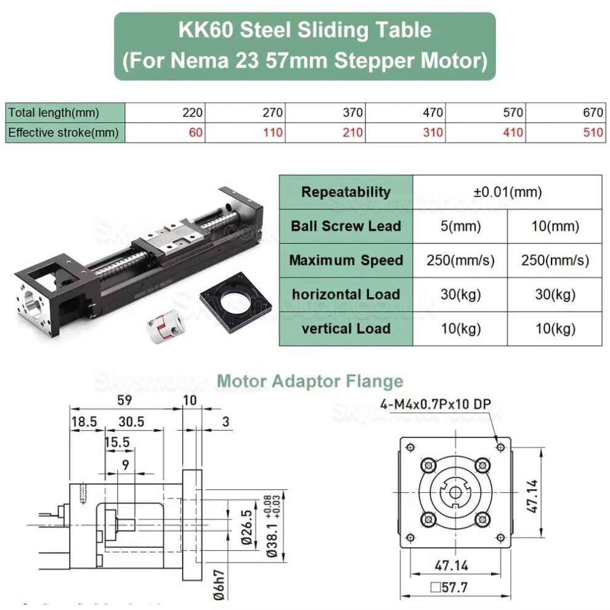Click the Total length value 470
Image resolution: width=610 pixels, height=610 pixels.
(433, 113)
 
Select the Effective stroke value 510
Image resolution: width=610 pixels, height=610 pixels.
(593, 132)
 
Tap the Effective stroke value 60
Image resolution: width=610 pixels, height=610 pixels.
(196, 132)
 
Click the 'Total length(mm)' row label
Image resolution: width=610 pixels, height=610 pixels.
(54, 113)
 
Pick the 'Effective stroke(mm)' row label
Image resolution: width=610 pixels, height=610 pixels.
(63, 132)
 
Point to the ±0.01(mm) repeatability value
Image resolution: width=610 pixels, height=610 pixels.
(508, 192)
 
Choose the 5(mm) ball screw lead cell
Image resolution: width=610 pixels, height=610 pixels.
(460, 226)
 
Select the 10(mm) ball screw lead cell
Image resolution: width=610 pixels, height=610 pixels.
(555, 226)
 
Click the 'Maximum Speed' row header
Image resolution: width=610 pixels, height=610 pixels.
(346, 260)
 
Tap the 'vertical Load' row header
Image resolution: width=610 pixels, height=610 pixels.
(346, 328)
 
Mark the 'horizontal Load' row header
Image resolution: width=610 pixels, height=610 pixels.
(346, 294)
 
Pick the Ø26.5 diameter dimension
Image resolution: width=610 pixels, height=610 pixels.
(245, 527)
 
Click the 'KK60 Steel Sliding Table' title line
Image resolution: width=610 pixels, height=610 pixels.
(305, 30)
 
